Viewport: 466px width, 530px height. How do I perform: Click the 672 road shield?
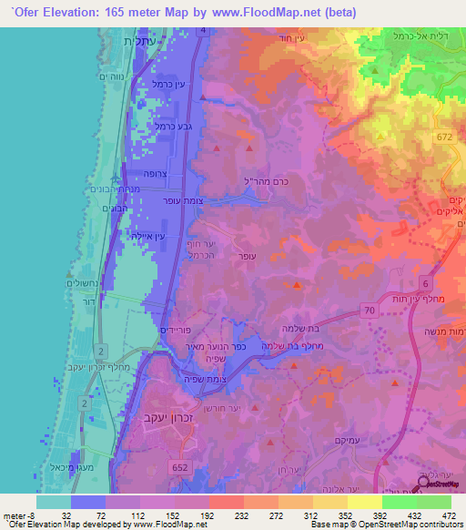click(444, 136)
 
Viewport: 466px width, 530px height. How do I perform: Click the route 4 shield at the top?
click(202, 31)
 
